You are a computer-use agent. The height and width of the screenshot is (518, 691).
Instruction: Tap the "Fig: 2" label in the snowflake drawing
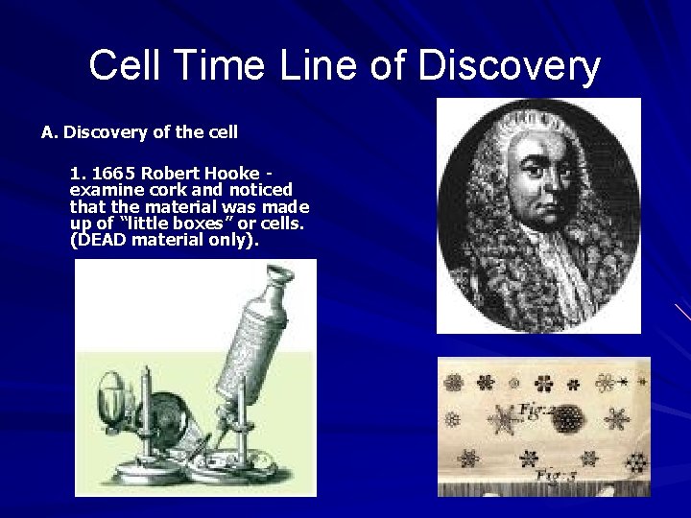point(534,412)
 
